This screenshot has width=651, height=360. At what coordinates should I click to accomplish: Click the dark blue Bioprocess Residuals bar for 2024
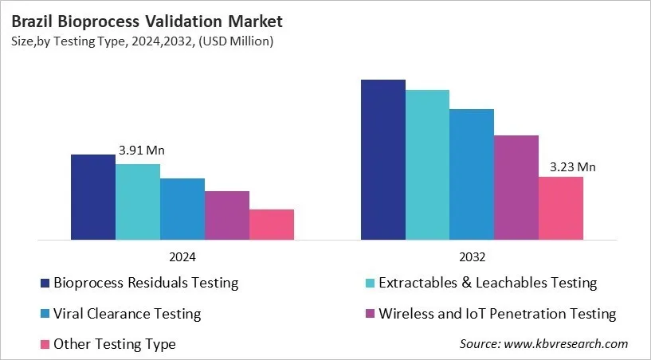(x=92, y=197)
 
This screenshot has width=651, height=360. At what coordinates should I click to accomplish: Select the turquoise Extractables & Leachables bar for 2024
(x=137, y=202)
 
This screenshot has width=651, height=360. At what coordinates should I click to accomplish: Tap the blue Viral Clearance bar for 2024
(x=182, y=209)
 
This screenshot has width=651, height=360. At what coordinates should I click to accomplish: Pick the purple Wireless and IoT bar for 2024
(x=226, y=215)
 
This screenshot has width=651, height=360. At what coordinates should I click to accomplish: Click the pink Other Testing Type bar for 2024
(x=271, y=224)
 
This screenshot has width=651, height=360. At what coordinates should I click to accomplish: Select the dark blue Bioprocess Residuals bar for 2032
(x=382, y=159)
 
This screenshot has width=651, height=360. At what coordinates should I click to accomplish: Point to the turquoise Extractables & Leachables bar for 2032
(x=427, y=164)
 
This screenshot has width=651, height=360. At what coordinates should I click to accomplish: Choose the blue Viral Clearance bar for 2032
(x=472, y=174)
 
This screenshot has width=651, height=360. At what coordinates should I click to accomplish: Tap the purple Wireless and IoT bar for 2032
(x=516, y=187)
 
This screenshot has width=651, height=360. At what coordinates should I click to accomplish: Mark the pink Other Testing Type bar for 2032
(x=561, y=208)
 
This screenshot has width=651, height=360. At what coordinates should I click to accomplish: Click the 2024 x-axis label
(x=182, y=257)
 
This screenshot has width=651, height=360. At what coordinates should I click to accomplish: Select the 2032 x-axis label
(x=472, y=257)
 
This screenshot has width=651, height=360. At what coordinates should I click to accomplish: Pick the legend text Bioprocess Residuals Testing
(x=145, y=283)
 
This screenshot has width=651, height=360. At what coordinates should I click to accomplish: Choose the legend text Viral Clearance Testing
(x=127, y=314)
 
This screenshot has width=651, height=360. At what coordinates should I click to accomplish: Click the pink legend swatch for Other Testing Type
(x=44, y=345)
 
